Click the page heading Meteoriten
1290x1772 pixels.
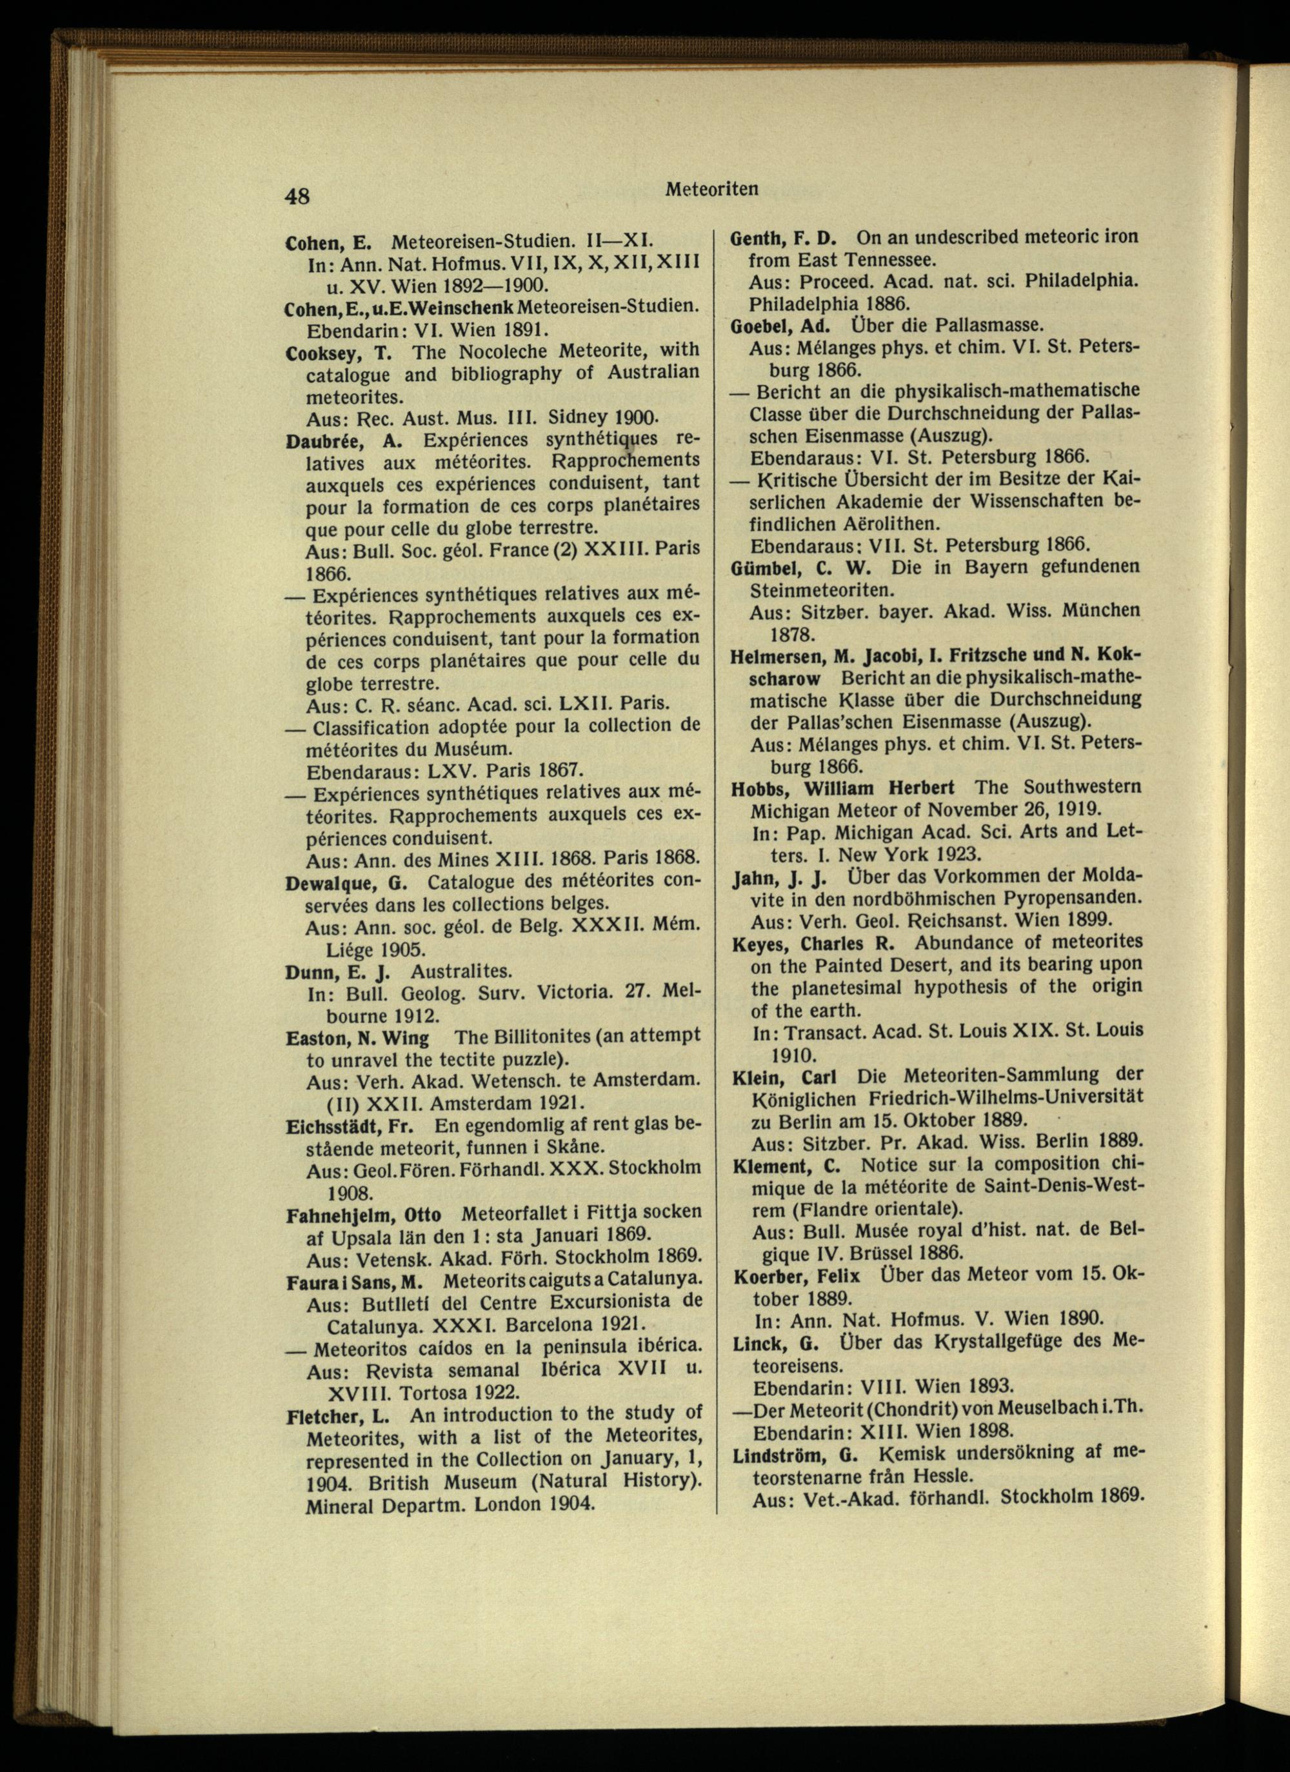[x=712, y=189]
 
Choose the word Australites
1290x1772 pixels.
[x=461, y=972]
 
